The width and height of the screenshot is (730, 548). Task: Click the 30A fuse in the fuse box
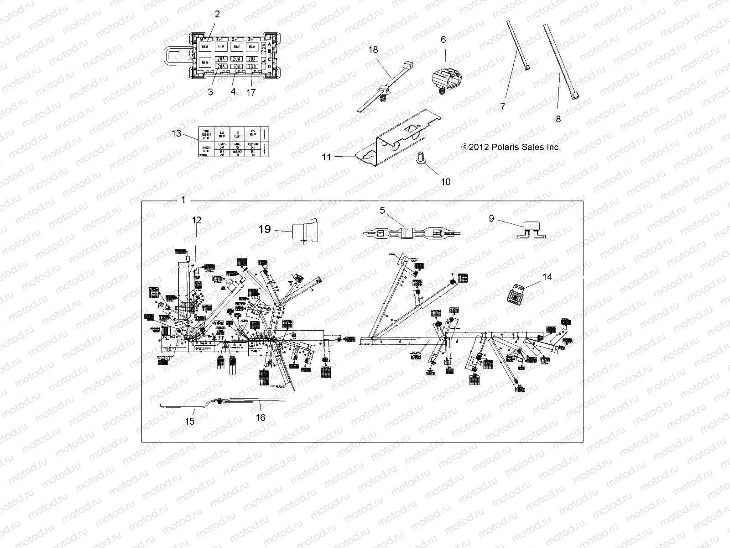tap(251, 67)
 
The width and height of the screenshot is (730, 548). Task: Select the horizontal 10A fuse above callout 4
tap(236, 67)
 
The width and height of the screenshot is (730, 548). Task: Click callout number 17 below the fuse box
tap(251, 92)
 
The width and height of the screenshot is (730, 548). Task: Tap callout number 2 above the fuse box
tap(217, 14)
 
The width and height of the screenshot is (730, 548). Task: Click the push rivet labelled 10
tap(420, 158)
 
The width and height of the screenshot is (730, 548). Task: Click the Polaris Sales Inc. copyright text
tap(511, 147)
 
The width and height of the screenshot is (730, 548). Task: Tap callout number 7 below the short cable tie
tap(503, 106)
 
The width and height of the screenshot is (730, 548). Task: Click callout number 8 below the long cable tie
tap(558, 119)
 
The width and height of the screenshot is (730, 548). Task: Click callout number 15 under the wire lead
tap(190, 421)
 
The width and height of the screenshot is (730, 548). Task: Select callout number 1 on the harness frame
tap(183, 200)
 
